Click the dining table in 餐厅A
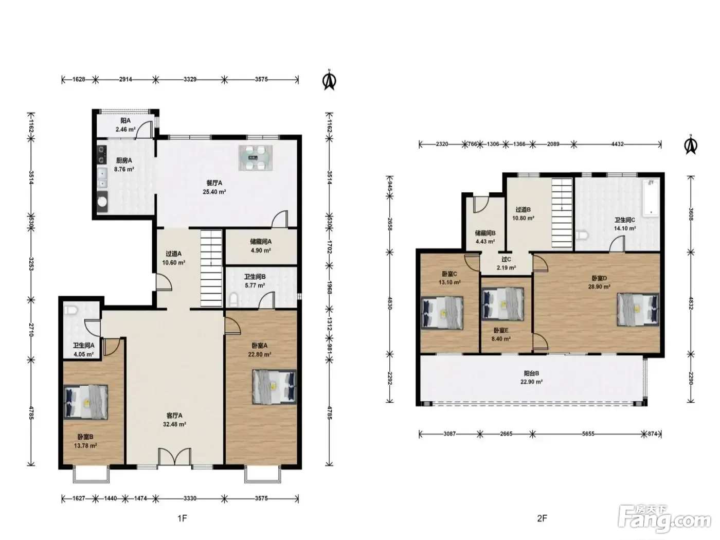(x=256, y=158)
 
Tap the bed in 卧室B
(x=85, y=402)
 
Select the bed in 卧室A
(x=274, y=387)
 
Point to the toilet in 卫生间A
(x=70, y=310)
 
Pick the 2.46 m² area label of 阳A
(x=125, y=130)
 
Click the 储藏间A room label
(x=261, y=242)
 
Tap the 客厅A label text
(x=174, y=416)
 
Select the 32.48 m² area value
(x=174, y=424)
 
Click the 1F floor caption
(x=182, y=518)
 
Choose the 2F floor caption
(x=542, y=518)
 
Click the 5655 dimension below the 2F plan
(x=588, y=434)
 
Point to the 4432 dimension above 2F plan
(x=617, y=144)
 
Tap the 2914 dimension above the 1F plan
(x=125, y=79)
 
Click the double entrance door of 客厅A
(x=174, y=456)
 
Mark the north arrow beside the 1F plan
(x=329, y=80)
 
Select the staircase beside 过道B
(x=562, y=213)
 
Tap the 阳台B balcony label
(x=531, y=373)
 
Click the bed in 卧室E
(x=502, y=304)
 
